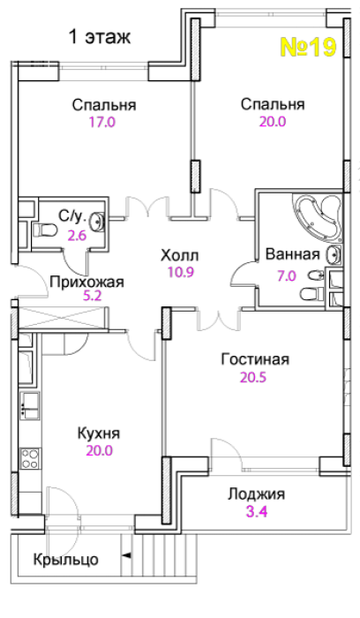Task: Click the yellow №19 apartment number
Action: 308,47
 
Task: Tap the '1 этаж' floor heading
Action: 99,37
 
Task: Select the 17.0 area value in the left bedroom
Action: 101,122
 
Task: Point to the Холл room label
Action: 180,256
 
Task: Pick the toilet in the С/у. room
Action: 44,230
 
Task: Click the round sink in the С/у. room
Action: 97,222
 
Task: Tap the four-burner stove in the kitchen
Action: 30,458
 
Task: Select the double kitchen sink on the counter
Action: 29,405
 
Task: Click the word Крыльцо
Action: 66,560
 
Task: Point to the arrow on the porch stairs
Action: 127,555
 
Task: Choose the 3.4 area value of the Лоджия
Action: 257,512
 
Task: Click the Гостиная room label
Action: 255,359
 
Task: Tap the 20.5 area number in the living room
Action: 253,378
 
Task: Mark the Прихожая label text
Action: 87,283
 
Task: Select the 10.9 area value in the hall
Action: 181,272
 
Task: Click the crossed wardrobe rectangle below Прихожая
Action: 64,317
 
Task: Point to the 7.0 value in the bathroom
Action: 287,275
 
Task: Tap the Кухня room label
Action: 99,433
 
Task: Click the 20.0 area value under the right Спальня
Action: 273,122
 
